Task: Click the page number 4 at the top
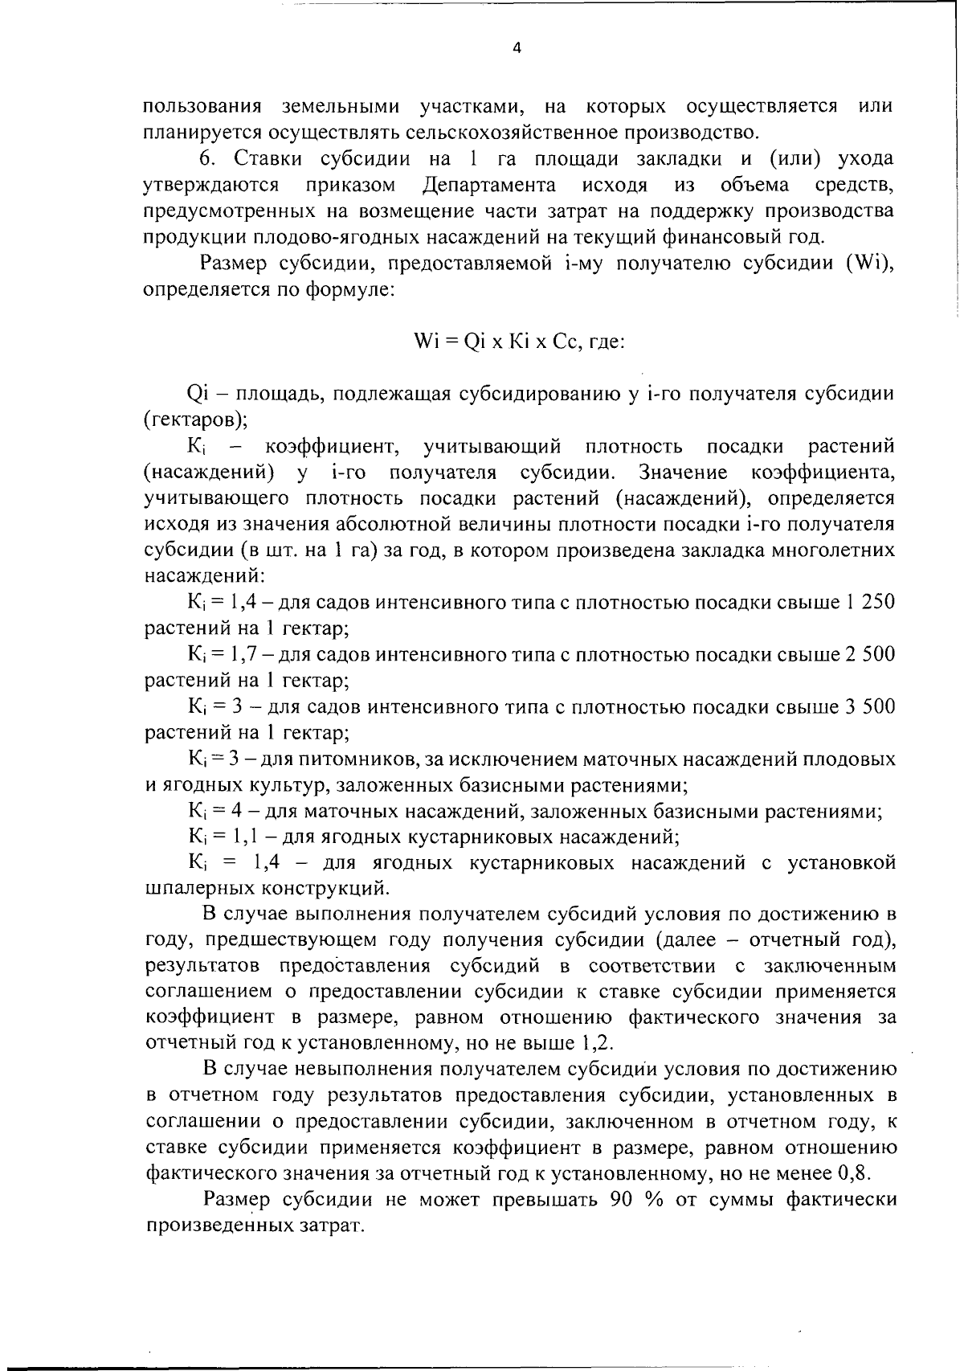pos(517,48)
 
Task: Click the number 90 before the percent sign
pos(623,1200)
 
